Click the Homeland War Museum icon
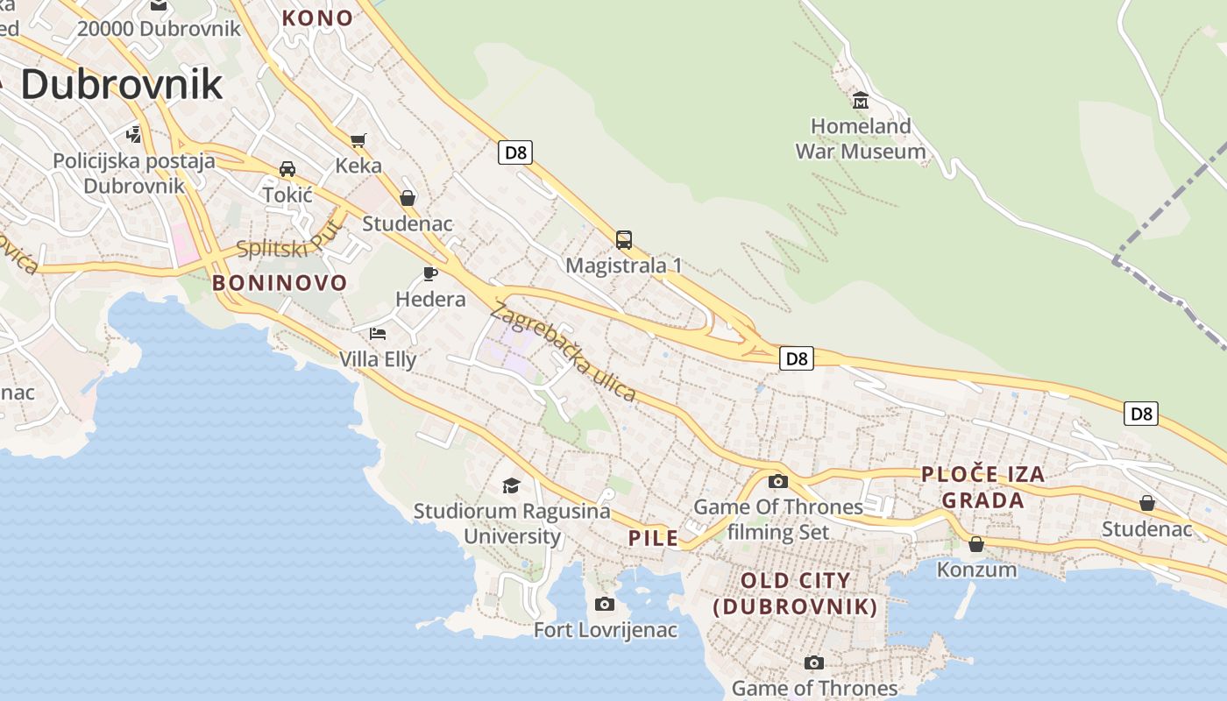(860, 101)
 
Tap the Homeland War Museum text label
(860, 139)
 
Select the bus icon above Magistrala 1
(623, 239)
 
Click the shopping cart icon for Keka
(358, 140)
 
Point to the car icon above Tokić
(287, 168)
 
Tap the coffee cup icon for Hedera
(430, 273)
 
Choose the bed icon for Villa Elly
(378, 333)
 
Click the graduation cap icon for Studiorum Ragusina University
(511, 485)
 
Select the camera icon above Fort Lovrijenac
(605, 604)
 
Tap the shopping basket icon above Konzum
(976, 544)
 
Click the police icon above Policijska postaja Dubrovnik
(133, 135)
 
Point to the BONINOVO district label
(280, 283)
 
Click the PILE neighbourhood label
(654, 538)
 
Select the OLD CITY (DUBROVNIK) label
(796, 593)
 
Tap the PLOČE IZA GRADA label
(982, 487)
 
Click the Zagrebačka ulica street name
(564, 351)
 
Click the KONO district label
(317, 18)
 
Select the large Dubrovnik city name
(121, 84)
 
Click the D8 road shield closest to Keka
(516, 152)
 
